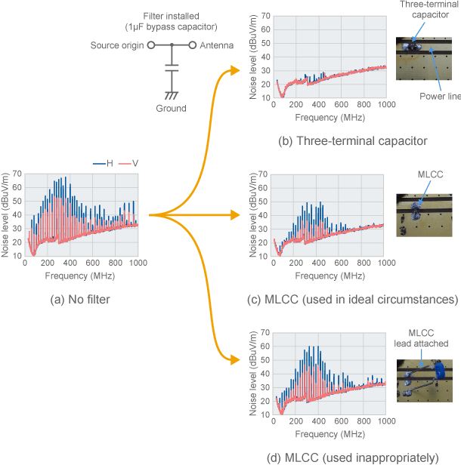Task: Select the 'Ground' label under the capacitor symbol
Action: [171, 108]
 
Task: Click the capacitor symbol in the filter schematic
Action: [172, 69]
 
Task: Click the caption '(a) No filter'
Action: [79, 300]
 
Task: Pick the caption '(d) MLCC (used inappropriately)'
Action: [351, 457]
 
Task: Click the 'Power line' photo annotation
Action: [440, 97]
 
